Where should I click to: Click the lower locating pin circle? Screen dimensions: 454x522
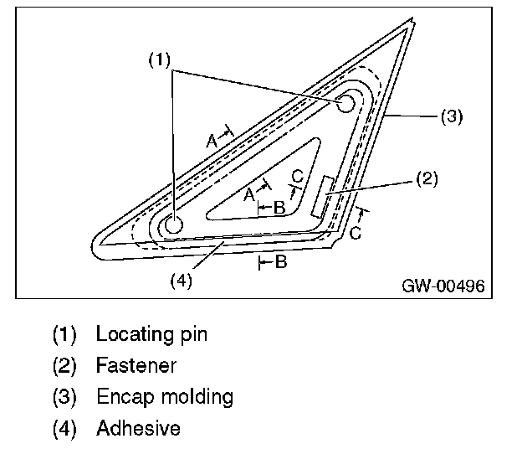click(x=171, y=224)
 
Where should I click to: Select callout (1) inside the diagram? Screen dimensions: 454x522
click(x=160, y=60)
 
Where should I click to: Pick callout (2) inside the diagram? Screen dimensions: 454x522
click(x=426, y=178)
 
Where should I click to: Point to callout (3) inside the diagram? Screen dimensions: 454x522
click(x=451, y=116)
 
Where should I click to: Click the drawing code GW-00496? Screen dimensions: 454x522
click(x=443, y=285)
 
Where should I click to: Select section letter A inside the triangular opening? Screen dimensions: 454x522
click(x=249, y=194)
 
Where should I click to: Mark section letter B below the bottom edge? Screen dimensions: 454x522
click(x=281, y=263)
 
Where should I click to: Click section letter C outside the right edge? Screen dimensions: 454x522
click(x=356, y=233)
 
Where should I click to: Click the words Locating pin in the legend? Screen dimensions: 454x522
click(x=151, y=334)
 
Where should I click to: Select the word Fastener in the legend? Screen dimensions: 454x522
click(x=136, y=365)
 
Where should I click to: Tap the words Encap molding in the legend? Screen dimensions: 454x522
click(x=164, y=396)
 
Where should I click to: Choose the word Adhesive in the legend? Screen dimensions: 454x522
click(x=138, y=428)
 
